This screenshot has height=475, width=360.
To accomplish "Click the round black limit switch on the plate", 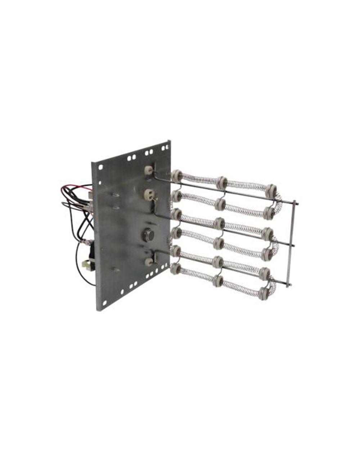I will [x=149, y=235].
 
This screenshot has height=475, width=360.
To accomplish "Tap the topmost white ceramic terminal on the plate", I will [x=148, y=170].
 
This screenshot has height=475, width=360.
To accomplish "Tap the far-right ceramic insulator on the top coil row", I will [x=271, y=189].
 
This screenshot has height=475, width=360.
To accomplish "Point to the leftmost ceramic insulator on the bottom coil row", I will [x=177, y=268].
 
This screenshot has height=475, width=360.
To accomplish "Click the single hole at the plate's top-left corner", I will [x=101, y=167].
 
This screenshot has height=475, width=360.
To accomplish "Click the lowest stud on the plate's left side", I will [x=114, y=269].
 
